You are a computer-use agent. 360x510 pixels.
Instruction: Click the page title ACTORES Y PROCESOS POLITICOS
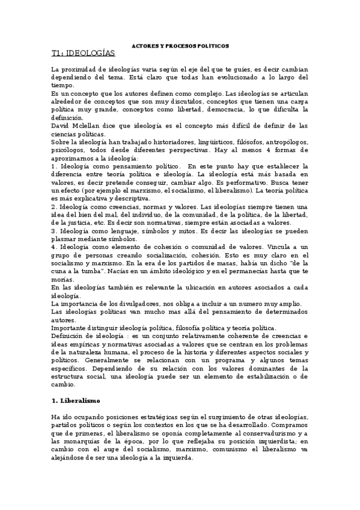coord(180,46)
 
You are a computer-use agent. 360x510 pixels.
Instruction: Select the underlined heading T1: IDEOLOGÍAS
coord(83,54)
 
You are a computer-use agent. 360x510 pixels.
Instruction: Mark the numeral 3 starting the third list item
coord(54,229)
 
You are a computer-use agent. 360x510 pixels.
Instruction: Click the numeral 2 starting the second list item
coord(54,205)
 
